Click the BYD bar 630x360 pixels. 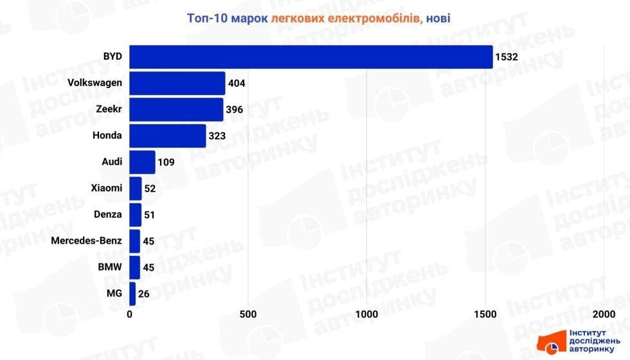point(311,57)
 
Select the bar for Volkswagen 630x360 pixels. point(177,83)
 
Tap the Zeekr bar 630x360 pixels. point(176,109)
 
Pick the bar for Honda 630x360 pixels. point(168,136)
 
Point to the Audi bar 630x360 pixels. point(142,162)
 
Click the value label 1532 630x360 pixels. point(507,57)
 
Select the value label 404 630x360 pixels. point(237,84)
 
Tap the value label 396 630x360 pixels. point(235,110)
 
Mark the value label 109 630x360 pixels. point(166,162)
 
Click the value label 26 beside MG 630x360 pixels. point(145,294)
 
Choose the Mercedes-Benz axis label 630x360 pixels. point(87,241)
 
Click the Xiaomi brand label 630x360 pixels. point(107,188)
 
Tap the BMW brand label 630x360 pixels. point(111,267)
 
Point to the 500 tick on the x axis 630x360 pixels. point(248,314)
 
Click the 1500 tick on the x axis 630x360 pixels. point(485,314)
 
